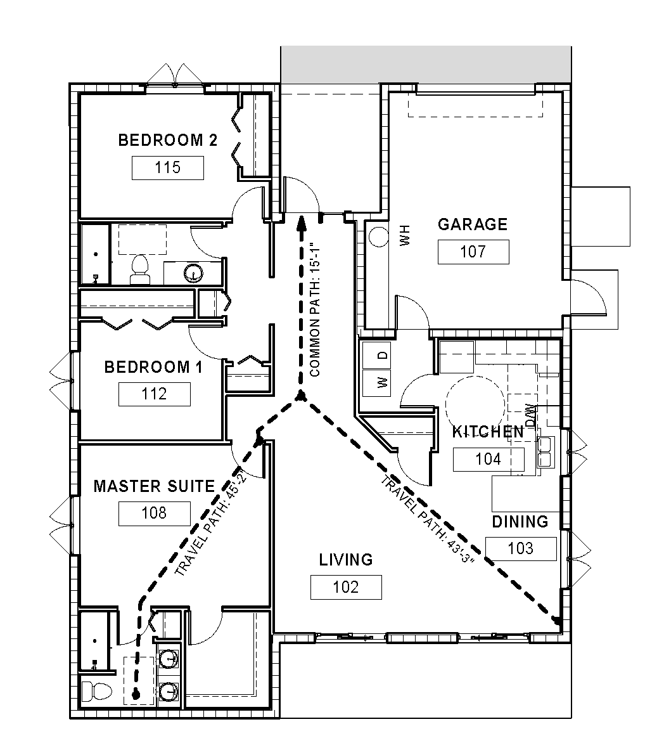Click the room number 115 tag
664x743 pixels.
pyautogui.click(x=168, y=168)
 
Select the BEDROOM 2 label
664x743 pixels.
pyautogui.click(x=168, y=140)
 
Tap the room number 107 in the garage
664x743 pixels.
pyautogui.click(x=473, y=252)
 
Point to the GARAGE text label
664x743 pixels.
pyautogui.click(x=473, y=224)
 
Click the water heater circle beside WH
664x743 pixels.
pyautogui.click(x=379, y=236)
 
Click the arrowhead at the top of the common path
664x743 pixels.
pyautogui.click(x=300, y=223)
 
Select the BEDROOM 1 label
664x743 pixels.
pyautogui.click(x=153, y=367)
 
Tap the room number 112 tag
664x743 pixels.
pyautogui.click(x=155, y=394)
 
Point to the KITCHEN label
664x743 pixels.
pyautogui.click(x=488, y=432)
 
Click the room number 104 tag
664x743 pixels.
pyautogui.click(x=488, y=459)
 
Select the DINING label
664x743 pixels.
pyautogui.click(x=520, y=522)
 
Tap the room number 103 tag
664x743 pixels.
pyautogui.click(x=521, y=549)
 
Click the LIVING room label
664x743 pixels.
pyautogui.click(x=346, y=560)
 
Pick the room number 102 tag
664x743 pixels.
pyautogui.click(x=346, y=588)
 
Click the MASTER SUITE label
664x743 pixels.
pyautogui.click(x=155, y=486)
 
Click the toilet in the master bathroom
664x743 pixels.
pyautogui.click(x=97, y=692)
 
